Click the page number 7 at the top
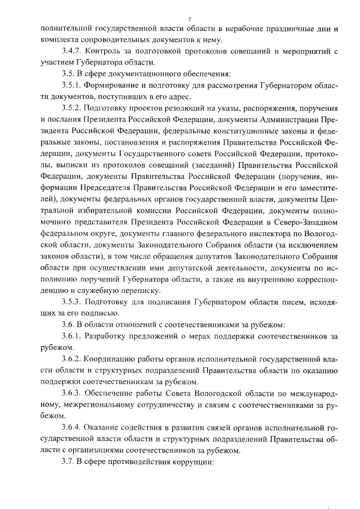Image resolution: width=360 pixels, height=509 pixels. pyautogui.click(x=190, y=20)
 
